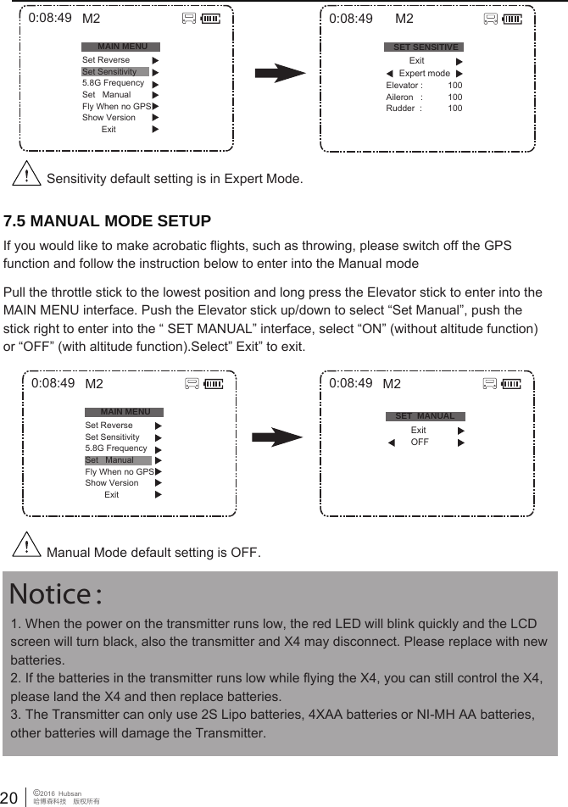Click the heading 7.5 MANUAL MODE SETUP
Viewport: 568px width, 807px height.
click(x=107, y=222)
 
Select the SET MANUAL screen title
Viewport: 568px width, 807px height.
click(x=426, y=416)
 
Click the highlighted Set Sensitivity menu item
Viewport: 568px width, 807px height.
click(x=109, y=72)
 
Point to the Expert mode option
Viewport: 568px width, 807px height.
click(x=424, y=74)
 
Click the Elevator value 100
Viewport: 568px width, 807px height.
click(x=455, y=86)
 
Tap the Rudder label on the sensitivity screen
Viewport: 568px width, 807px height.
click(x=400, y=109)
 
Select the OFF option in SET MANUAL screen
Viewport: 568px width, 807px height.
click(x=420, y=442)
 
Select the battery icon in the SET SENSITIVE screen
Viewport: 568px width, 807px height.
click(x=512, y=19)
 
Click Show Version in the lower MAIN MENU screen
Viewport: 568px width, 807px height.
click(x=112, y=483)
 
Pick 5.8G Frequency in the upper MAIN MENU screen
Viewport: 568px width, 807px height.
click(x=113, y=83)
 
